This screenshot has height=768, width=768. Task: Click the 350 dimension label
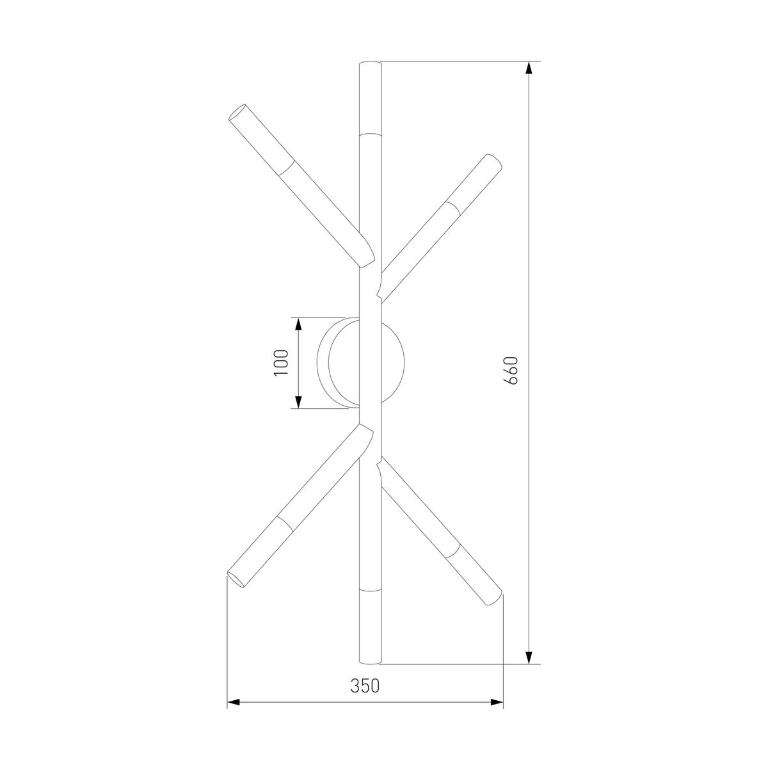[365, 686]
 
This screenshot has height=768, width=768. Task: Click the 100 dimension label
[282, 362]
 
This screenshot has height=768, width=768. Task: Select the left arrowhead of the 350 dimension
[234, 703]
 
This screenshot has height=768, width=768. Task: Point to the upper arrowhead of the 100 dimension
[298, 324]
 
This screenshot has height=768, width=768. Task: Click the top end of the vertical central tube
[371, 64]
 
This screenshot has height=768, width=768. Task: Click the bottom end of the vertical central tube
[371, 660]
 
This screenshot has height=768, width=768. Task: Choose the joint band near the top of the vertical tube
[371, 135]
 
